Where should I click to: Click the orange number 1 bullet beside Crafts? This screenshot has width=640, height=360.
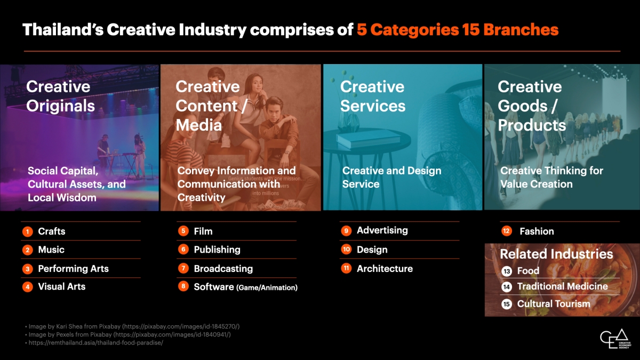point(27,231)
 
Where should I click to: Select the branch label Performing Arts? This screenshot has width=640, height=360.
point(74,269)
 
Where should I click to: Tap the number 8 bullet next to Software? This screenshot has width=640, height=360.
point(183,286)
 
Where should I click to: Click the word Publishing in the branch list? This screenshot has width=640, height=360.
point(217,250)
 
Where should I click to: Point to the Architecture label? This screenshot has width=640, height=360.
point(385,269)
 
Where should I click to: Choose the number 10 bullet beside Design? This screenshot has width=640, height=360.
point(346,250)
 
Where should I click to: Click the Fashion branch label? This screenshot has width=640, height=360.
point(537,231)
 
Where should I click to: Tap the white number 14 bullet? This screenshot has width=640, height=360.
point(507,286)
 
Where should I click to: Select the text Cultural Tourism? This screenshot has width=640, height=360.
point(554,303)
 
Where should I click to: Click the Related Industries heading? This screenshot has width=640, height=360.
point(556,254)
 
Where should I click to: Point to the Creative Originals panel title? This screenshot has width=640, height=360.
point(61,96)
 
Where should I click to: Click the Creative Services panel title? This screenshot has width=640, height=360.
point(373,96)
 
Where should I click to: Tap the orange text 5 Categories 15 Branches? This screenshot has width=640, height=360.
point(458,29)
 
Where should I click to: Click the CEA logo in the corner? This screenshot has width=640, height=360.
point(615,339)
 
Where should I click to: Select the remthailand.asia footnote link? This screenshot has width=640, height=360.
point(95,342)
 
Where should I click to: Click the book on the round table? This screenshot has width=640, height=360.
point(369,139)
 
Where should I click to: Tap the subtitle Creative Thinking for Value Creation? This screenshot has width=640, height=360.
point(551,177)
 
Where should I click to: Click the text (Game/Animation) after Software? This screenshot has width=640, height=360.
point(267,287)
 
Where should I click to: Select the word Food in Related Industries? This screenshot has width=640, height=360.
point(529,270)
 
